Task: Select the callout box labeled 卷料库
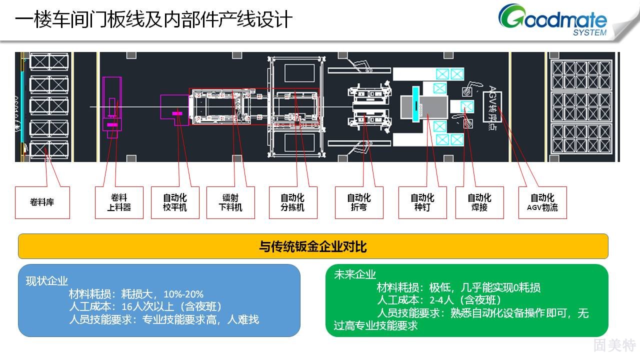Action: click(x=42, y=202)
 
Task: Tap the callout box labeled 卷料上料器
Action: click(x=119, y=202)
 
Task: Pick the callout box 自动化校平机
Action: click(x=175, y=202)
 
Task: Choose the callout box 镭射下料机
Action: click(x=230, y=202)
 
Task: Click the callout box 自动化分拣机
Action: click(x=292, y=202)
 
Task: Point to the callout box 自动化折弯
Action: click(x=359, y=202)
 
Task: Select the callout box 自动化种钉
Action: click(x=422, y=202)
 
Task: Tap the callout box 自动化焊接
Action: click(x=479, y=202)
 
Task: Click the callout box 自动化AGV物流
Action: click(x=542, y=202)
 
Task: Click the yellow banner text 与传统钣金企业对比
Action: click(x=313, y=246)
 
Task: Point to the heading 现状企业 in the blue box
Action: click(x=47, y=280)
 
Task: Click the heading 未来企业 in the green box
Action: click(x=355, y=274)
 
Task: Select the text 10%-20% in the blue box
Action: click(x=183, y=293)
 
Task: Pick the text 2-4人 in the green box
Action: click(x=440, y=300)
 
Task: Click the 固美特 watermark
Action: click(x=614, y=345)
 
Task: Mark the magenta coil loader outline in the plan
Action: click(x=112, y=104)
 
